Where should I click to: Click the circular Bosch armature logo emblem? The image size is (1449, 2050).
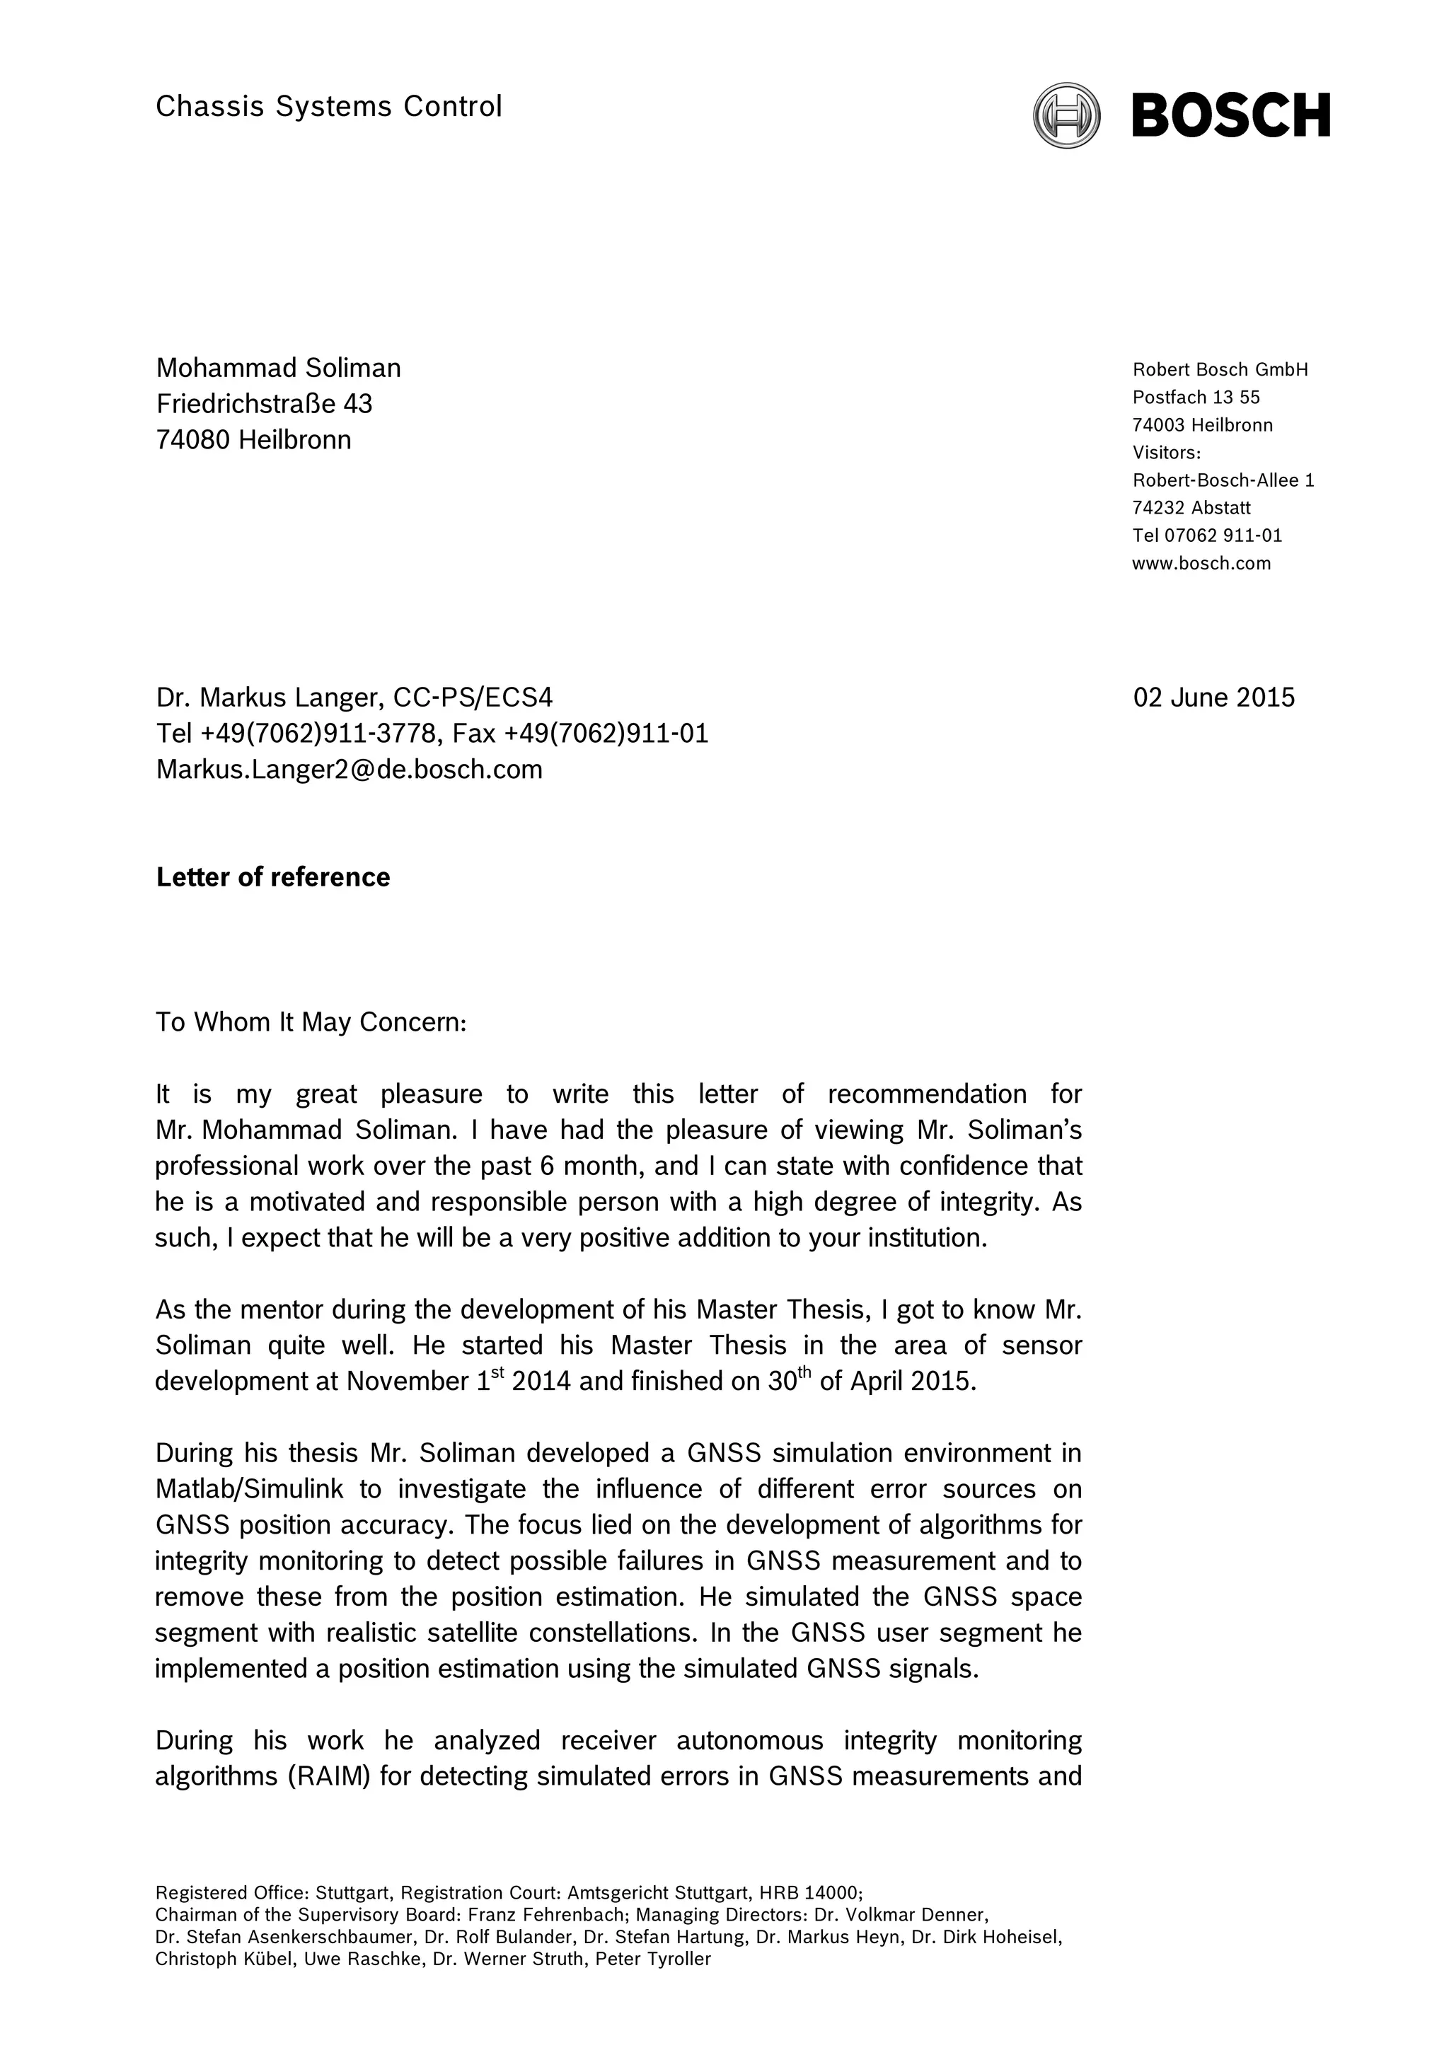pyautogui.click(x=1066, y=115)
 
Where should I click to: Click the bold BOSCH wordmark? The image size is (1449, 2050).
pyautogui.click(x=1230, y=115)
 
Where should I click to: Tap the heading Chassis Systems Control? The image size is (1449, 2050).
pyautogui.click(x=328, y=106)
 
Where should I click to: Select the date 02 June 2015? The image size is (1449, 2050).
pyautogui.click(x=1213, y=697)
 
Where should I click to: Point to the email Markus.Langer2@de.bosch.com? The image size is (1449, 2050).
pyautogui.click(x=349, y=769)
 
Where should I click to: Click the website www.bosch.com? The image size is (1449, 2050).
pyautogui.click(x=1201, y=563)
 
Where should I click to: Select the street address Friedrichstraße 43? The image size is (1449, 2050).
pyautogui.click(x=265, y=404)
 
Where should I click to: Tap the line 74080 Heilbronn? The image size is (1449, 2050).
pyautogui.click(x=253, y=439)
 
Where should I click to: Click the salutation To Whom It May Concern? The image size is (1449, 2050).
pyautogui.click(x=311, y=1021)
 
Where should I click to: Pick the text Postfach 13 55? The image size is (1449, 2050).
pyautogui.click(x=1196, y=398)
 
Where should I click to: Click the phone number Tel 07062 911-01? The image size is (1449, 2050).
pyautogui.click(x=1206, y=535)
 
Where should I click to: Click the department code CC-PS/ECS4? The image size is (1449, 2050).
pyautogui.click(x=473, y=697)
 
